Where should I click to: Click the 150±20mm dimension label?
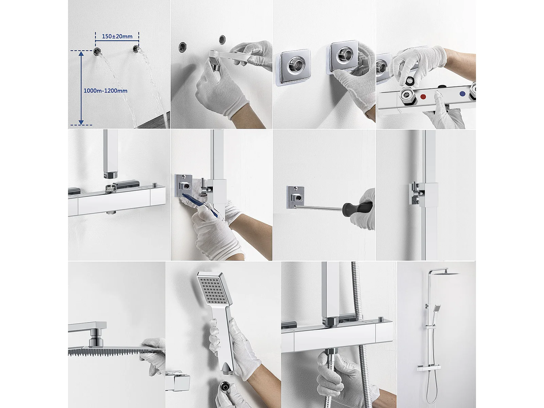pyautogui.click(x=117, y=36)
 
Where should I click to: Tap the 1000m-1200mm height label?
pyautogui.click(x=106, y=91)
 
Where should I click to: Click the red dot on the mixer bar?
pyautogui.click(x=423, y=97)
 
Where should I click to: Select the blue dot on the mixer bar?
pyautogui.click(x=462, y=94)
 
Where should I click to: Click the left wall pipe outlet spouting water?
pyautogui.click(x=97, y=51)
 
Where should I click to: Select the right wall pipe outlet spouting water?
pyautogui.click(x=136, y=49)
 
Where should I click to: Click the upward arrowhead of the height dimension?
pyautogui.click(x=81, y=54)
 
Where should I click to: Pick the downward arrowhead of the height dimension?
pyautogui.click(x=81, y=122)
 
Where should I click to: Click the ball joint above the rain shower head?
pyautogui.click(x=94, y=339)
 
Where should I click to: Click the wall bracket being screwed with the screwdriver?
pyautogui.click(x=295, y=197)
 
